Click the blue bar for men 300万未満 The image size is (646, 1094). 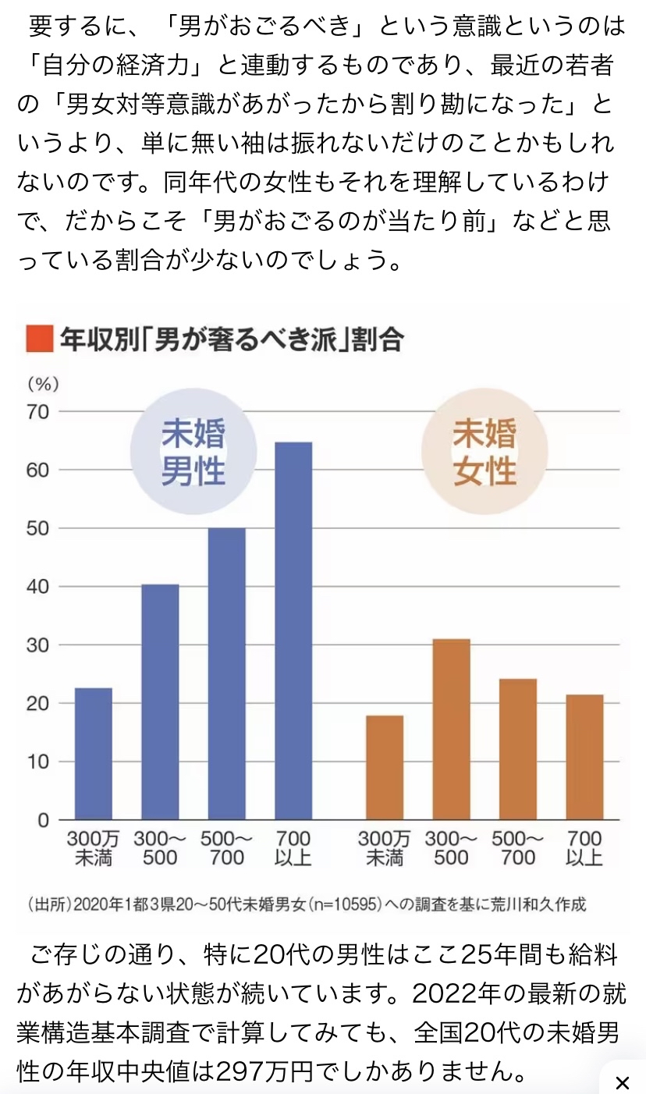coord(93,753)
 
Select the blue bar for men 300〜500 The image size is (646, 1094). coord(160,702)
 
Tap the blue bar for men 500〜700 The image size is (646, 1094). coord(226,673)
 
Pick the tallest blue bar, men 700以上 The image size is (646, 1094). coord(293,630)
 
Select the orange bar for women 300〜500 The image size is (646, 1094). coord(452,729)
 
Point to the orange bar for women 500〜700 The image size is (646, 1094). coord(518,749)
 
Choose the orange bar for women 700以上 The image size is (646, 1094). coord(585,757)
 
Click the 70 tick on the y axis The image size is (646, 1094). coord(39,411)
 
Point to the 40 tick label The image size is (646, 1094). coord(39,587)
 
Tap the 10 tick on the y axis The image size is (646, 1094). coord(39,762)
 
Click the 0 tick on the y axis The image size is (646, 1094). coord(44,820)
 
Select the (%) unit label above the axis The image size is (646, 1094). coord(44,384)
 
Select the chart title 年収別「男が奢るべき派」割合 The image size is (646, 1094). coord(231,339)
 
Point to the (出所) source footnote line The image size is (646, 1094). coord(306,905)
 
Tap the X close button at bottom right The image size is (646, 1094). coord(622,1082)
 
